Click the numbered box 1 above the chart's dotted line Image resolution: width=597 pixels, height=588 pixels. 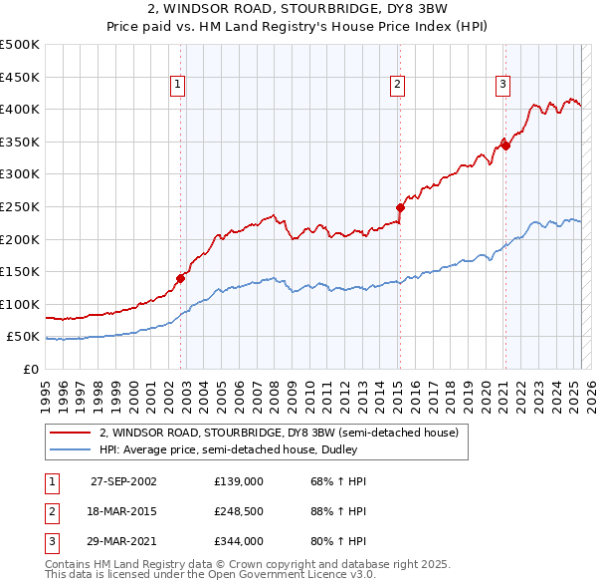tap(177, 86)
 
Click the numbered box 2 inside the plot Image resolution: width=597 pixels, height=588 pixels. tap(397, 86)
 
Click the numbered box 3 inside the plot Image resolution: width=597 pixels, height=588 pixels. tap(503, 86)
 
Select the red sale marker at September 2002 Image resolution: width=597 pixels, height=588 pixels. tap(181, 278)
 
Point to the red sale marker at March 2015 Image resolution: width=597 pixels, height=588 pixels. tap(400, 207)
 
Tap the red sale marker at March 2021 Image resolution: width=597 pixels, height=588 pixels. tap(505, 145)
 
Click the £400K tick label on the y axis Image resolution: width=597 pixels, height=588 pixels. tap(20, 109)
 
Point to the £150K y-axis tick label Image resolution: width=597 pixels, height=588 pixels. tap(20, 271)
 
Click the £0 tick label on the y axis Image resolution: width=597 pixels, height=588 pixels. tap(31, 369)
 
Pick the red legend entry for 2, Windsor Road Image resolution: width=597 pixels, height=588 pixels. tap(279, 433)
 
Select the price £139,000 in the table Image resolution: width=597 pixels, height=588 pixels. tap(238, 481)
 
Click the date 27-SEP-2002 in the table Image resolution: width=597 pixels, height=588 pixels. tap(123, 481)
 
